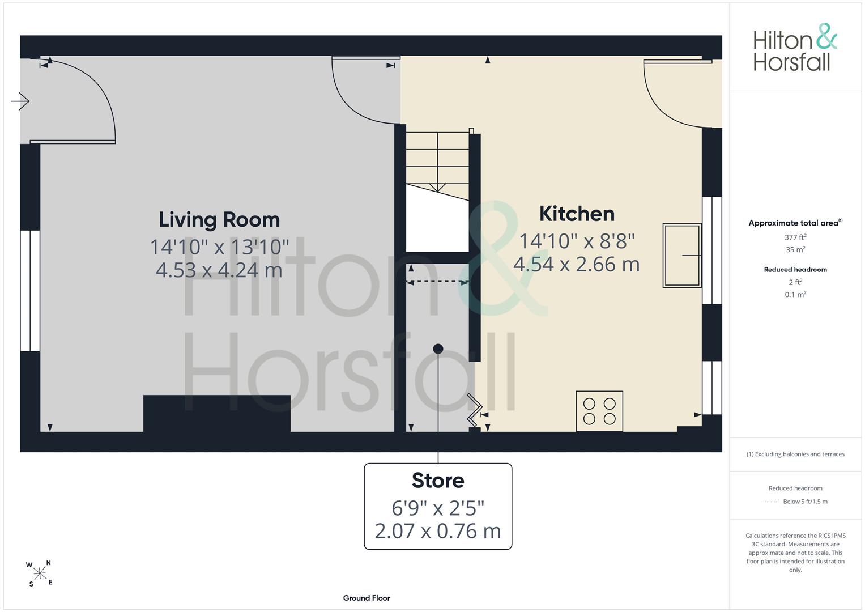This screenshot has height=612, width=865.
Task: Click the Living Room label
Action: pyautogui.click(x=219, y=220)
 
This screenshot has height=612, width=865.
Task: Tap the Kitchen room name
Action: pyautogui.click(x=577, y=214)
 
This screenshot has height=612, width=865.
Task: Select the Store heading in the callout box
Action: pyautogui.click(x=438, y=481)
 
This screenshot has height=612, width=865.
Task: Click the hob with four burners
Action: pyautogui.click(x=599, y=411)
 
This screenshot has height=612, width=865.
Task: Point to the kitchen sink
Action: pyautogui.click(x=682, y=256)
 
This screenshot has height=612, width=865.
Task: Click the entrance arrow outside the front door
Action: pyautogui.click(x=20, y=101)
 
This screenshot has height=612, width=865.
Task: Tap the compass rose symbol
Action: pyautogui.click(x=40, y=573)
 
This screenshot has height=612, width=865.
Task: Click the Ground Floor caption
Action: pyautogui.click(x=367, y=598)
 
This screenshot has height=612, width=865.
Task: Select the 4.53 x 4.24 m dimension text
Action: pyautogui.click(x=219, y=270)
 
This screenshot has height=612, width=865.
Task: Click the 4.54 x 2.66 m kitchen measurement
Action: pyautogui.click(x=577, y=265)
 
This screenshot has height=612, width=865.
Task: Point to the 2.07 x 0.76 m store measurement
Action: pyautogui.click(x=438, y=532)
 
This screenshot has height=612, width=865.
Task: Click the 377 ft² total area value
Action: pyautogui.click(x=795, y=237)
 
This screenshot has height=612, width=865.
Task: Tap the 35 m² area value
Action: pyautogui.click(x=795, y=249)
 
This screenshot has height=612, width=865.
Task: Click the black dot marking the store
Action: pyautogui.click(x=438, y=349)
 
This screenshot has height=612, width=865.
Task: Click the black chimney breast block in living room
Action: pyautogui.click(x=216, y=413)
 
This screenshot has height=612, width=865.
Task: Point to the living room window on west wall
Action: pyautogui.click(x=29, y=291)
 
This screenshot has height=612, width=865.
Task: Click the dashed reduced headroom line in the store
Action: pyautogui.click(x=437, y=282)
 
